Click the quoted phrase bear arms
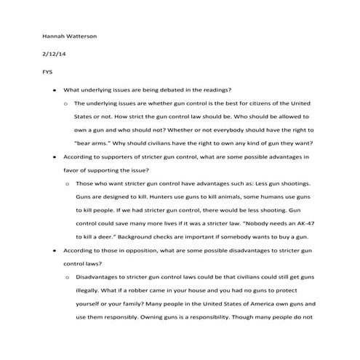coord(97,143)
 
